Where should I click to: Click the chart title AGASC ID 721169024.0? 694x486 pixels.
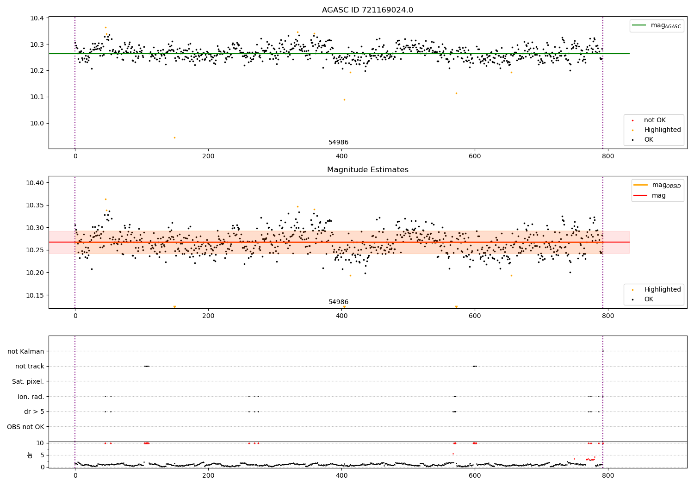click(367, 10)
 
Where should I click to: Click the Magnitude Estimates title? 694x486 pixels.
click(367, 170)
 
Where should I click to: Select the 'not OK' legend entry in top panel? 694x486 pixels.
click(654, 120)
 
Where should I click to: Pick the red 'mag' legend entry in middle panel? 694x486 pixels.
click(658, 195)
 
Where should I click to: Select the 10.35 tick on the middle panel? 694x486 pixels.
click(36, 205)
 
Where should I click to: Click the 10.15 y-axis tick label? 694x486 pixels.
click(36, 295)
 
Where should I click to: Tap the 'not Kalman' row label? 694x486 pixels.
click(25, 351)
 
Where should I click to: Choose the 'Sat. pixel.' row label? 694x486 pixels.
click(28, 381)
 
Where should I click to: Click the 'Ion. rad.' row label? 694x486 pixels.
click(31, 397)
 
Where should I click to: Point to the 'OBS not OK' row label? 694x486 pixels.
click(25, 427)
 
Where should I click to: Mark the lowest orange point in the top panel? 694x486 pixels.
click(174, 137)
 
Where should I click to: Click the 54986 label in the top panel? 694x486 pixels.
click(338, 143)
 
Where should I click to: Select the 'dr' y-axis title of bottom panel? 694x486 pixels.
click(30, 455)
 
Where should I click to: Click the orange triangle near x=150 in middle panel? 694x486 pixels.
click(174, 307)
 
